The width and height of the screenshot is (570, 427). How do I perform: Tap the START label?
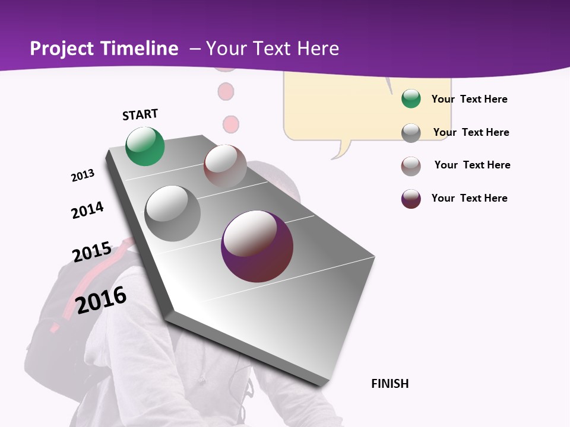[x=140, y=114]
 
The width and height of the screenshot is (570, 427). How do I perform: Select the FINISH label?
[x=390, y=384]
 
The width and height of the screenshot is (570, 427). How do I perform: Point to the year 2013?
[x=83, y=176]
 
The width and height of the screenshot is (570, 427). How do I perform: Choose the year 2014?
[x=87, y=210]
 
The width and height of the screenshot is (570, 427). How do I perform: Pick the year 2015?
[x=91, y=252]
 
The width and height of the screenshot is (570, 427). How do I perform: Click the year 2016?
[x=101, y=300]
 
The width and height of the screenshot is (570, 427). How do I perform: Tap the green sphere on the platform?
[x=145, y=146]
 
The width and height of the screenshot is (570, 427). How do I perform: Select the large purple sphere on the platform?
[x=257, y=246]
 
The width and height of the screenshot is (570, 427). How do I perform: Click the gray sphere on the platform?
[x=173, y=213]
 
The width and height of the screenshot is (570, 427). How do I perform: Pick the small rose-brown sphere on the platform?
[x=225, y=165]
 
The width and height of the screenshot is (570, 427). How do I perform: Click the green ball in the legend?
[x=411, y=99]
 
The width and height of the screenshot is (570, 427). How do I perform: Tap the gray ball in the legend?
[x=411, y=133]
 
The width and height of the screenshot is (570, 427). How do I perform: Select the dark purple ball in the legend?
[x=411, y=199]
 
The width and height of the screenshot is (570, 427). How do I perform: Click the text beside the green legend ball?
[x=469, y=99]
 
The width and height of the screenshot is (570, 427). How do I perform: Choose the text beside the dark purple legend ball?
[x=469, y=198]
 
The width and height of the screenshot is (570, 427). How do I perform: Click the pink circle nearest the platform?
[x=230, y=125]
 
